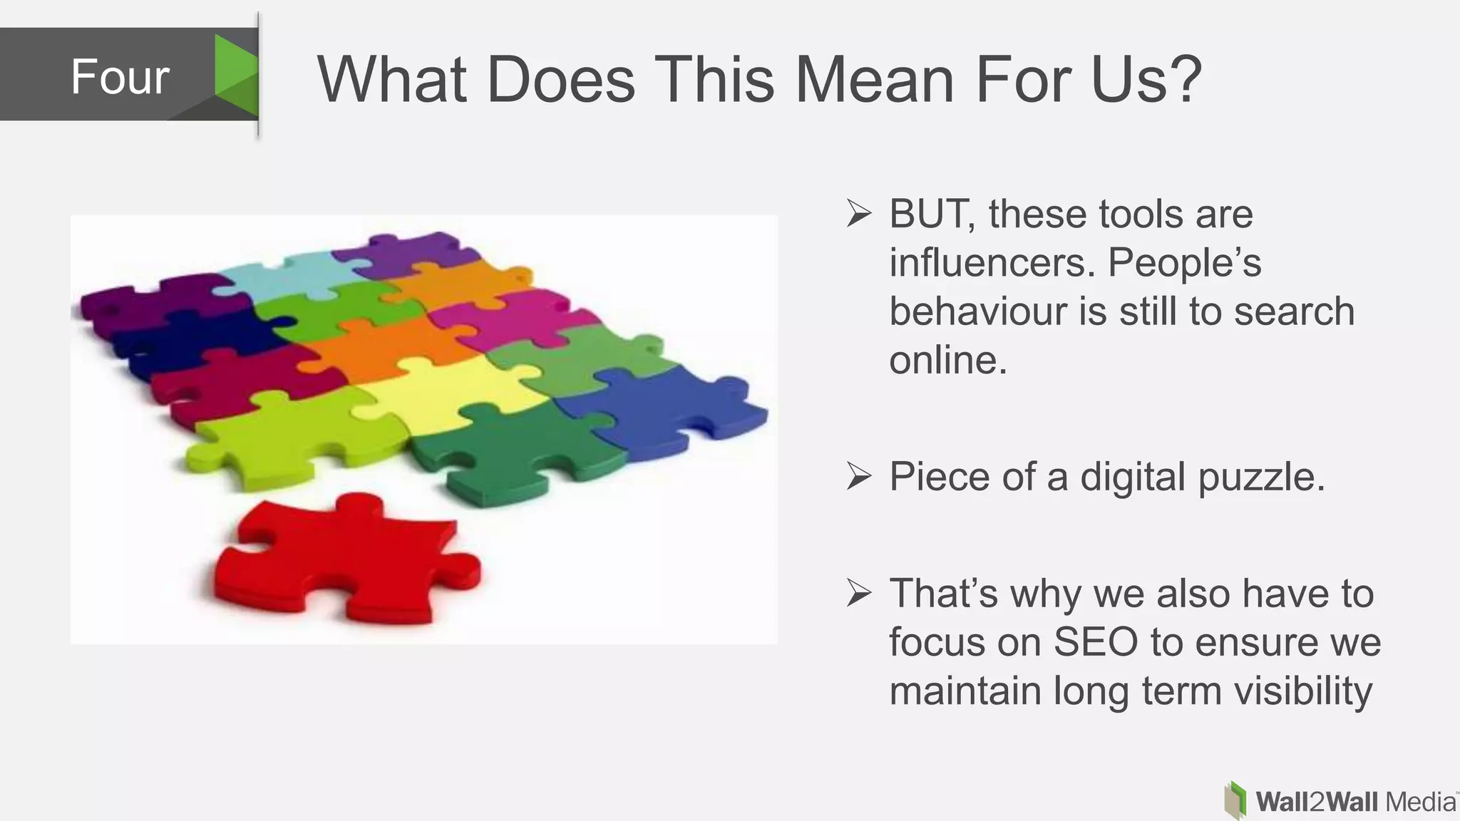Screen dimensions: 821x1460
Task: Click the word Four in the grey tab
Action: (120, 77)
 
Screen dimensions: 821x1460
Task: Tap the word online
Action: (947, 360)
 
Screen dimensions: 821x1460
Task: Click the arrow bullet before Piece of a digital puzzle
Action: (859, 476)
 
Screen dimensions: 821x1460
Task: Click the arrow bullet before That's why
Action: (859, 594)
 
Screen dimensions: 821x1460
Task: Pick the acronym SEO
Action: (1096, 642)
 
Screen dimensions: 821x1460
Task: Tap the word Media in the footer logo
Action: (1419, 802)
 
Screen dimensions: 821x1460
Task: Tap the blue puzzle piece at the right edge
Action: (670, 410)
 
